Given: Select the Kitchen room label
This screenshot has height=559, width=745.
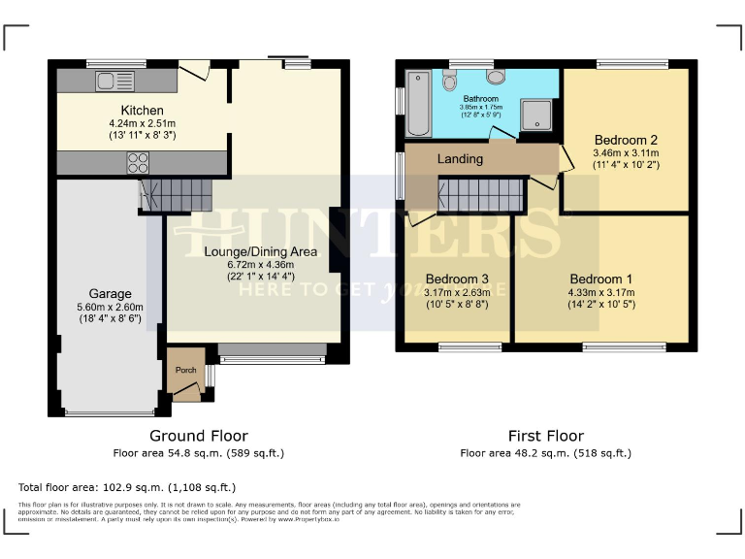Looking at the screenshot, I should click(x=142, y=110).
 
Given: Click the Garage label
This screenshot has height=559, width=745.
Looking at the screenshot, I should click(x=111, y=294).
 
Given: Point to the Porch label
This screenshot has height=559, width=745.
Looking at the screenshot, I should click(x=184, y=370).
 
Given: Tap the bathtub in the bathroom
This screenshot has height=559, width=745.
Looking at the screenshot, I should click(x=418, y=104).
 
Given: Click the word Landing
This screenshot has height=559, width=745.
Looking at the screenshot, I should click(x=460, y=158).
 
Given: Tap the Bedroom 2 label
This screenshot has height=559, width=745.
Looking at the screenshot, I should click(x=626, y=138).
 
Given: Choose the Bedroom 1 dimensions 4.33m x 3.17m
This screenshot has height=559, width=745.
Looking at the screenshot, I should click(x=601, y=292).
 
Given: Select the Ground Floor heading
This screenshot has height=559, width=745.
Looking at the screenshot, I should click(x=198, y=436).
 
